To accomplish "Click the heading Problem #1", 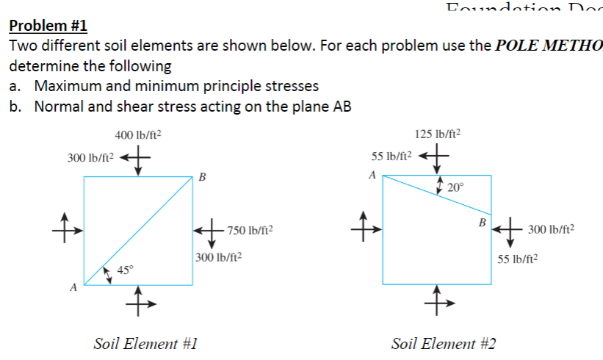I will pyautogui.click(x=48, y=26).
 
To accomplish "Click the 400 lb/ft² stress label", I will pyautogui.click(x=138, y=135).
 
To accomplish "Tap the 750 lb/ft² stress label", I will pyautogui.click(x=250, y=230).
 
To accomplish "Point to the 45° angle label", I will pyautogui.click(x=126, y=270).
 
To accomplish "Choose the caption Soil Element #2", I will pyautogui.click(x=444, y=343).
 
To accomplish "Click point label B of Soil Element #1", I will pyautogui.click(x=203, y=176).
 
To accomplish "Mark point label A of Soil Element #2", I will pyautogui.click(x=372, y=176).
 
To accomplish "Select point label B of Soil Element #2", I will pyautogui.click(x=482, y=221).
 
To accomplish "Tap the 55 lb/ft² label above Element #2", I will pyautogui.click(x=393, y=156).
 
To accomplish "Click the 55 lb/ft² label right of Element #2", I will pyautogui.click(x=517, y=259).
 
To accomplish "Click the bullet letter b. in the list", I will pyautogui.click(x=16, y=106).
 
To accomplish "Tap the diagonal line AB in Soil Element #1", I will pyautogui.click(x=140, y=230).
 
